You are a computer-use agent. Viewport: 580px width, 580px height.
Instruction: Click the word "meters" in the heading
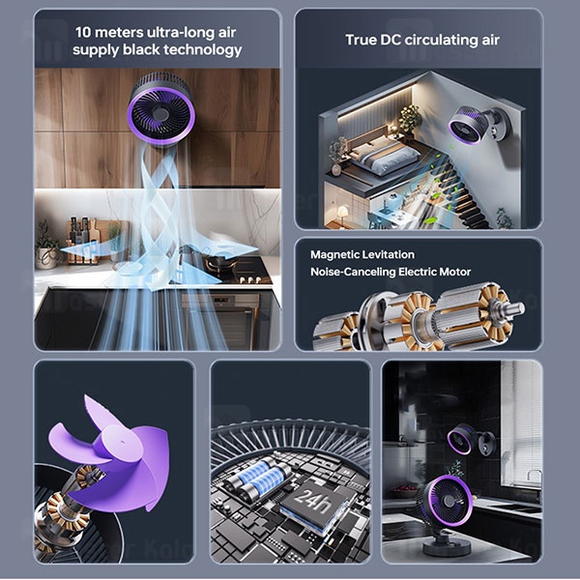tap(118, 33)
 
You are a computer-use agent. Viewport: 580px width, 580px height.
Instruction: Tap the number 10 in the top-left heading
tap(83, 33)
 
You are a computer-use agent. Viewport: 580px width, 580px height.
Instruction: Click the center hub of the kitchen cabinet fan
tap(160, 112)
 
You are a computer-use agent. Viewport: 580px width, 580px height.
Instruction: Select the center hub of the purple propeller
tap(118, 443)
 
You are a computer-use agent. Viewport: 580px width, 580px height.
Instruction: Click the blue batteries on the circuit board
tap(259, 475)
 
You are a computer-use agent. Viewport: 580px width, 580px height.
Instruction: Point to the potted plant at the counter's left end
tap(46, 247)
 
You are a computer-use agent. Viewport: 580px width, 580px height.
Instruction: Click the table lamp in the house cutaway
tap(343, 215)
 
